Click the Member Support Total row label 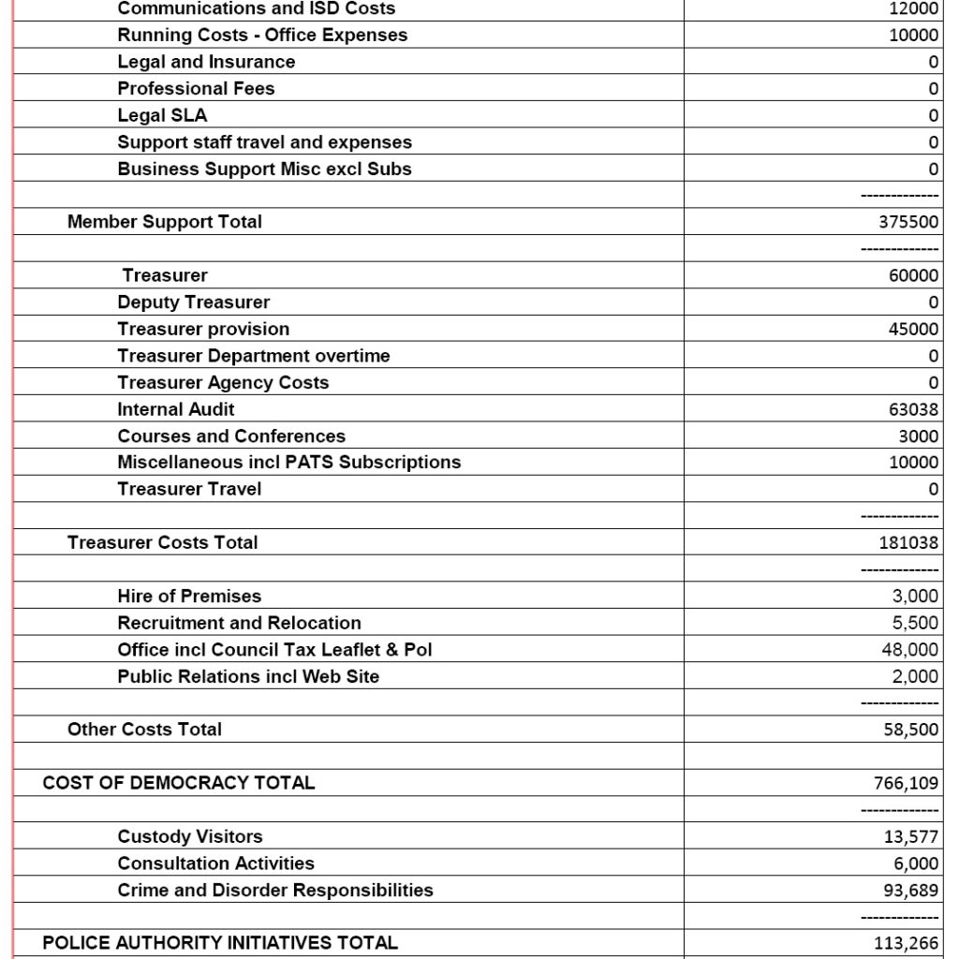[165, 222]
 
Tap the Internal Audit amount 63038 [914, 409]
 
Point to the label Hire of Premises [189, 596]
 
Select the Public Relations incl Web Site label [248, 676]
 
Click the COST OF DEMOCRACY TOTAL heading [179, 783]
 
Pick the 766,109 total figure [907, 784]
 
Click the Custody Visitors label [190, 836]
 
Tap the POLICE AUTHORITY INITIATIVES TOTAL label [220, 943]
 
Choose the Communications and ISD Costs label [257, 8]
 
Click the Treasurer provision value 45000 [914, 330]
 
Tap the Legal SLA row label [162, 115]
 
